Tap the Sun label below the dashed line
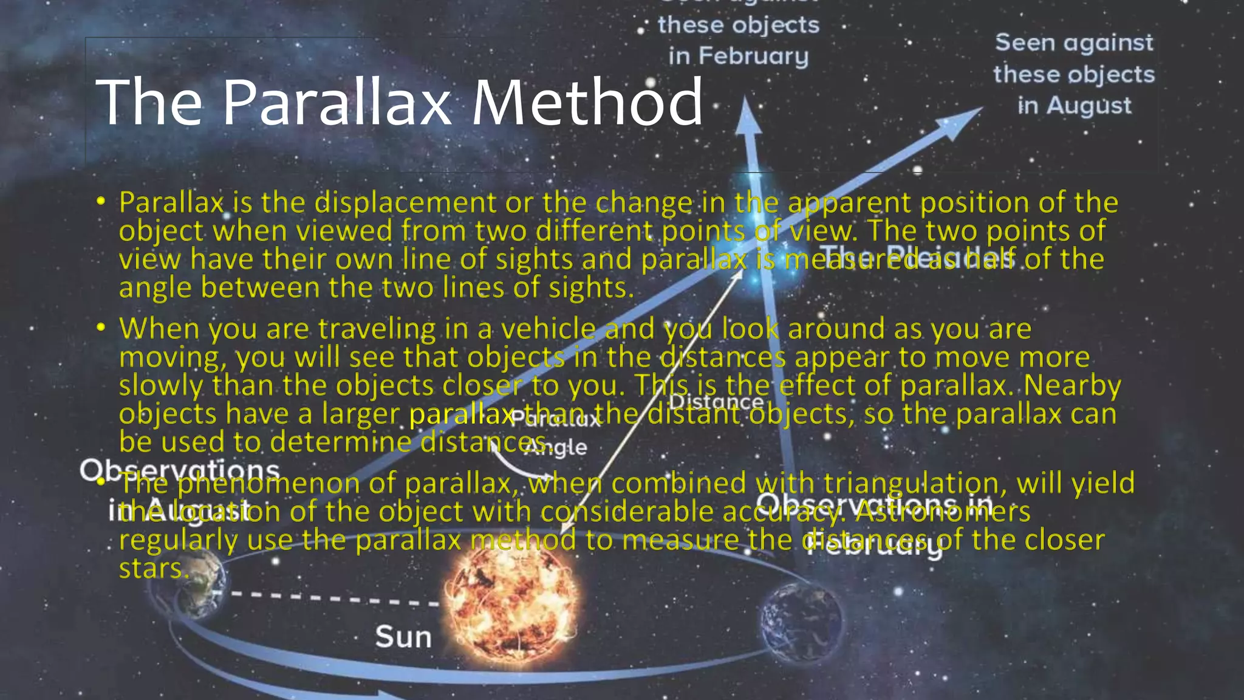tap(403, 637)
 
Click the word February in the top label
tap(754, 56)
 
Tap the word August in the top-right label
tap(1088, 106)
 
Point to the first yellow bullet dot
tap(101, 201)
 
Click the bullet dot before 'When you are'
tap(101, 328)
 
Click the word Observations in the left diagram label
tap(180, 470)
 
